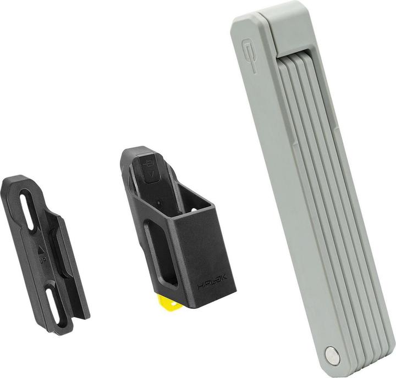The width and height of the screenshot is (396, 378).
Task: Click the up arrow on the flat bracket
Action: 41,249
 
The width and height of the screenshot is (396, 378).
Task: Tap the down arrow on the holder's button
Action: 151,175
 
